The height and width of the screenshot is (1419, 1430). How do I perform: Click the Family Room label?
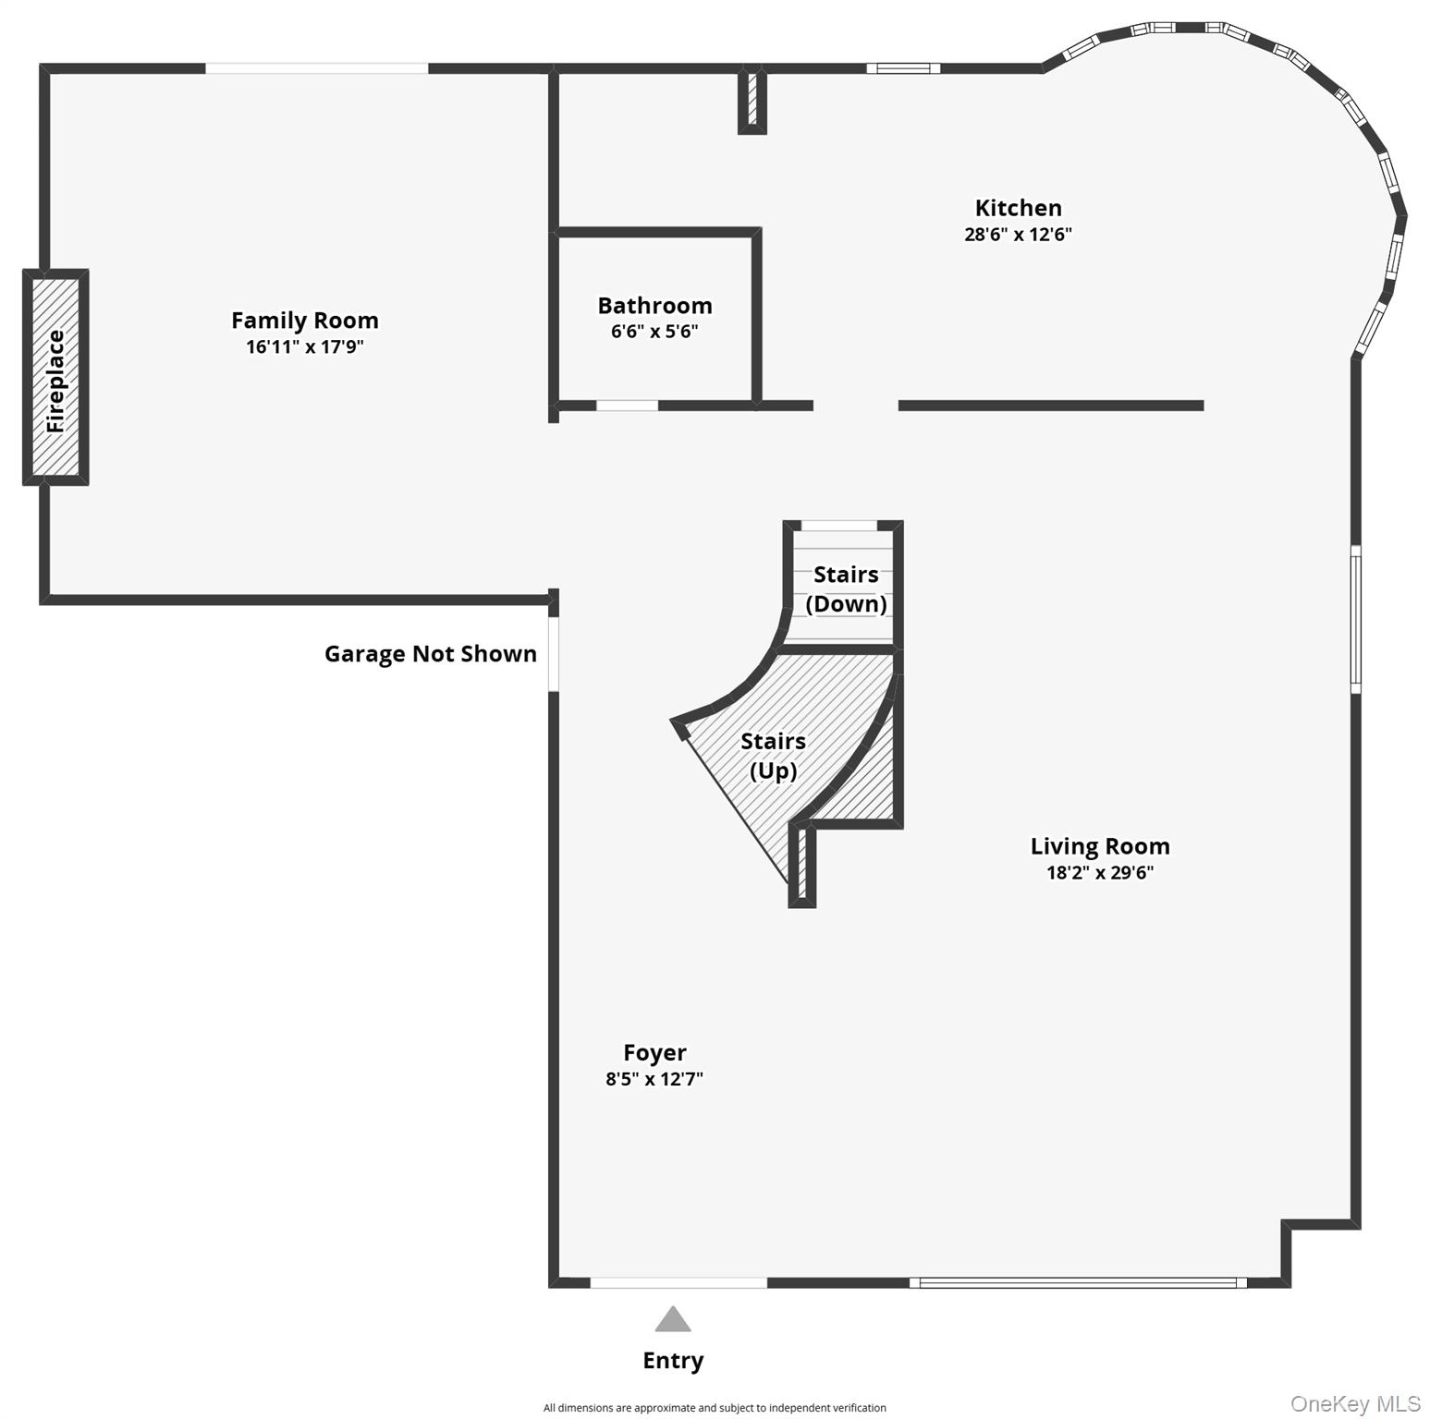coord(305,321)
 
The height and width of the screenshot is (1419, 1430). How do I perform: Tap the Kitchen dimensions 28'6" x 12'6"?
coord(1018,235)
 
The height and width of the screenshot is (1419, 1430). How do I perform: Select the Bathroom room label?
coord(654,306)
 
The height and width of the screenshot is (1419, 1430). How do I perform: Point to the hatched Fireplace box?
coord(55,377)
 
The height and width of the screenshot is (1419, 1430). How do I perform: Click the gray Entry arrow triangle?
coord(673,1318)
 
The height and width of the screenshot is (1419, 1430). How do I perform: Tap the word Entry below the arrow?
coord(673,1361)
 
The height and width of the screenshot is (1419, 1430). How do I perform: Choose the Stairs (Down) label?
coord(846,589)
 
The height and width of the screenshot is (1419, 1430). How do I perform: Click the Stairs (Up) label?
coord(773,756)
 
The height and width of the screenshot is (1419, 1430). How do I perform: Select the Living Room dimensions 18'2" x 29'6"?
coord(1100,873)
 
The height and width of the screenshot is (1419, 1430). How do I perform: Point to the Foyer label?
coord(654,1053)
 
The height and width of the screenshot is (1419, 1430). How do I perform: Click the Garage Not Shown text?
coord(431,654)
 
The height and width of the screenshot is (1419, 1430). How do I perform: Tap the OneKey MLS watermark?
coord(1355,1404)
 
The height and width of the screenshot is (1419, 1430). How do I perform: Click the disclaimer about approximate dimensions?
coord(715,1408)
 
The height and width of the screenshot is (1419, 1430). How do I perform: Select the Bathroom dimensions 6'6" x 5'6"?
coord(654,332)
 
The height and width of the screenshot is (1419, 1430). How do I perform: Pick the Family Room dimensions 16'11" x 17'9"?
coord(305,347)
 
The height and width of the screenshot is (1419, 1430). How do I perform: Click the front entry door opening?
coord(678,1282)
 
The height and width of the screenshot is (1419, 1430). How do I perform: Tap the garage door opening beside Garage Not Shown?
coord(554,654)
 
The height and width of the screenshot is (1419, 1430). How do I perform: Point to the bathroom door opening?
coord(627,406)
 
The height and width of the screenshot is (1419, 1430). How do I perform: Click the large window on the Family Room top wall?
coord(316,68)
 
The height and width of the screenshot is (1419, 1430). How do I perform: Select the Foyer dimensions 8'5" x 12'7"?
coord(654,1079)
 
